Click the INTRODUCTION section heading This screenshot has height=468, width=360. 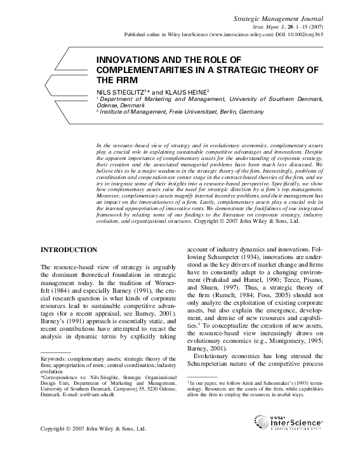click(69, 250)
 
